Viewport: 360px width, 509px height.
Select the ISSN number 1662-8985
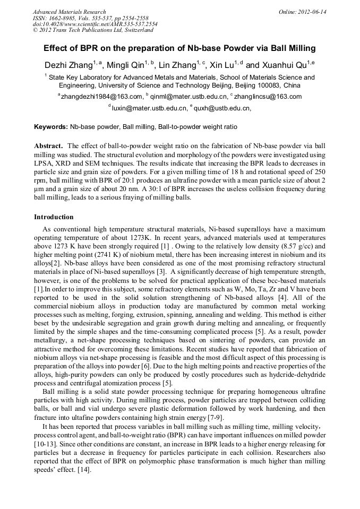tap(63, 18)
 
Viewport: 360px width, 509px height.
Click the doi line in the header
tap(95, 24)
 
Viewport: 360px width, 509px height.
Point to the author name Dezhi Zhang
tap(68, 66)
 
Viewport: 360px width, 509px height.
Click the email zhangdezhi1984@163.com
tap(101, 97)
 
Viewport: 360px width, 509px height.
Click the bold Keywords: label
tap(51, 127)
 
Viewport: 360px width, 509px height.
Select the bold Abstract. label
tap(49, 145)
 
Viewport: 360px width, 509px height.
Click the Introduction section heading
tap(54, 217)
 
